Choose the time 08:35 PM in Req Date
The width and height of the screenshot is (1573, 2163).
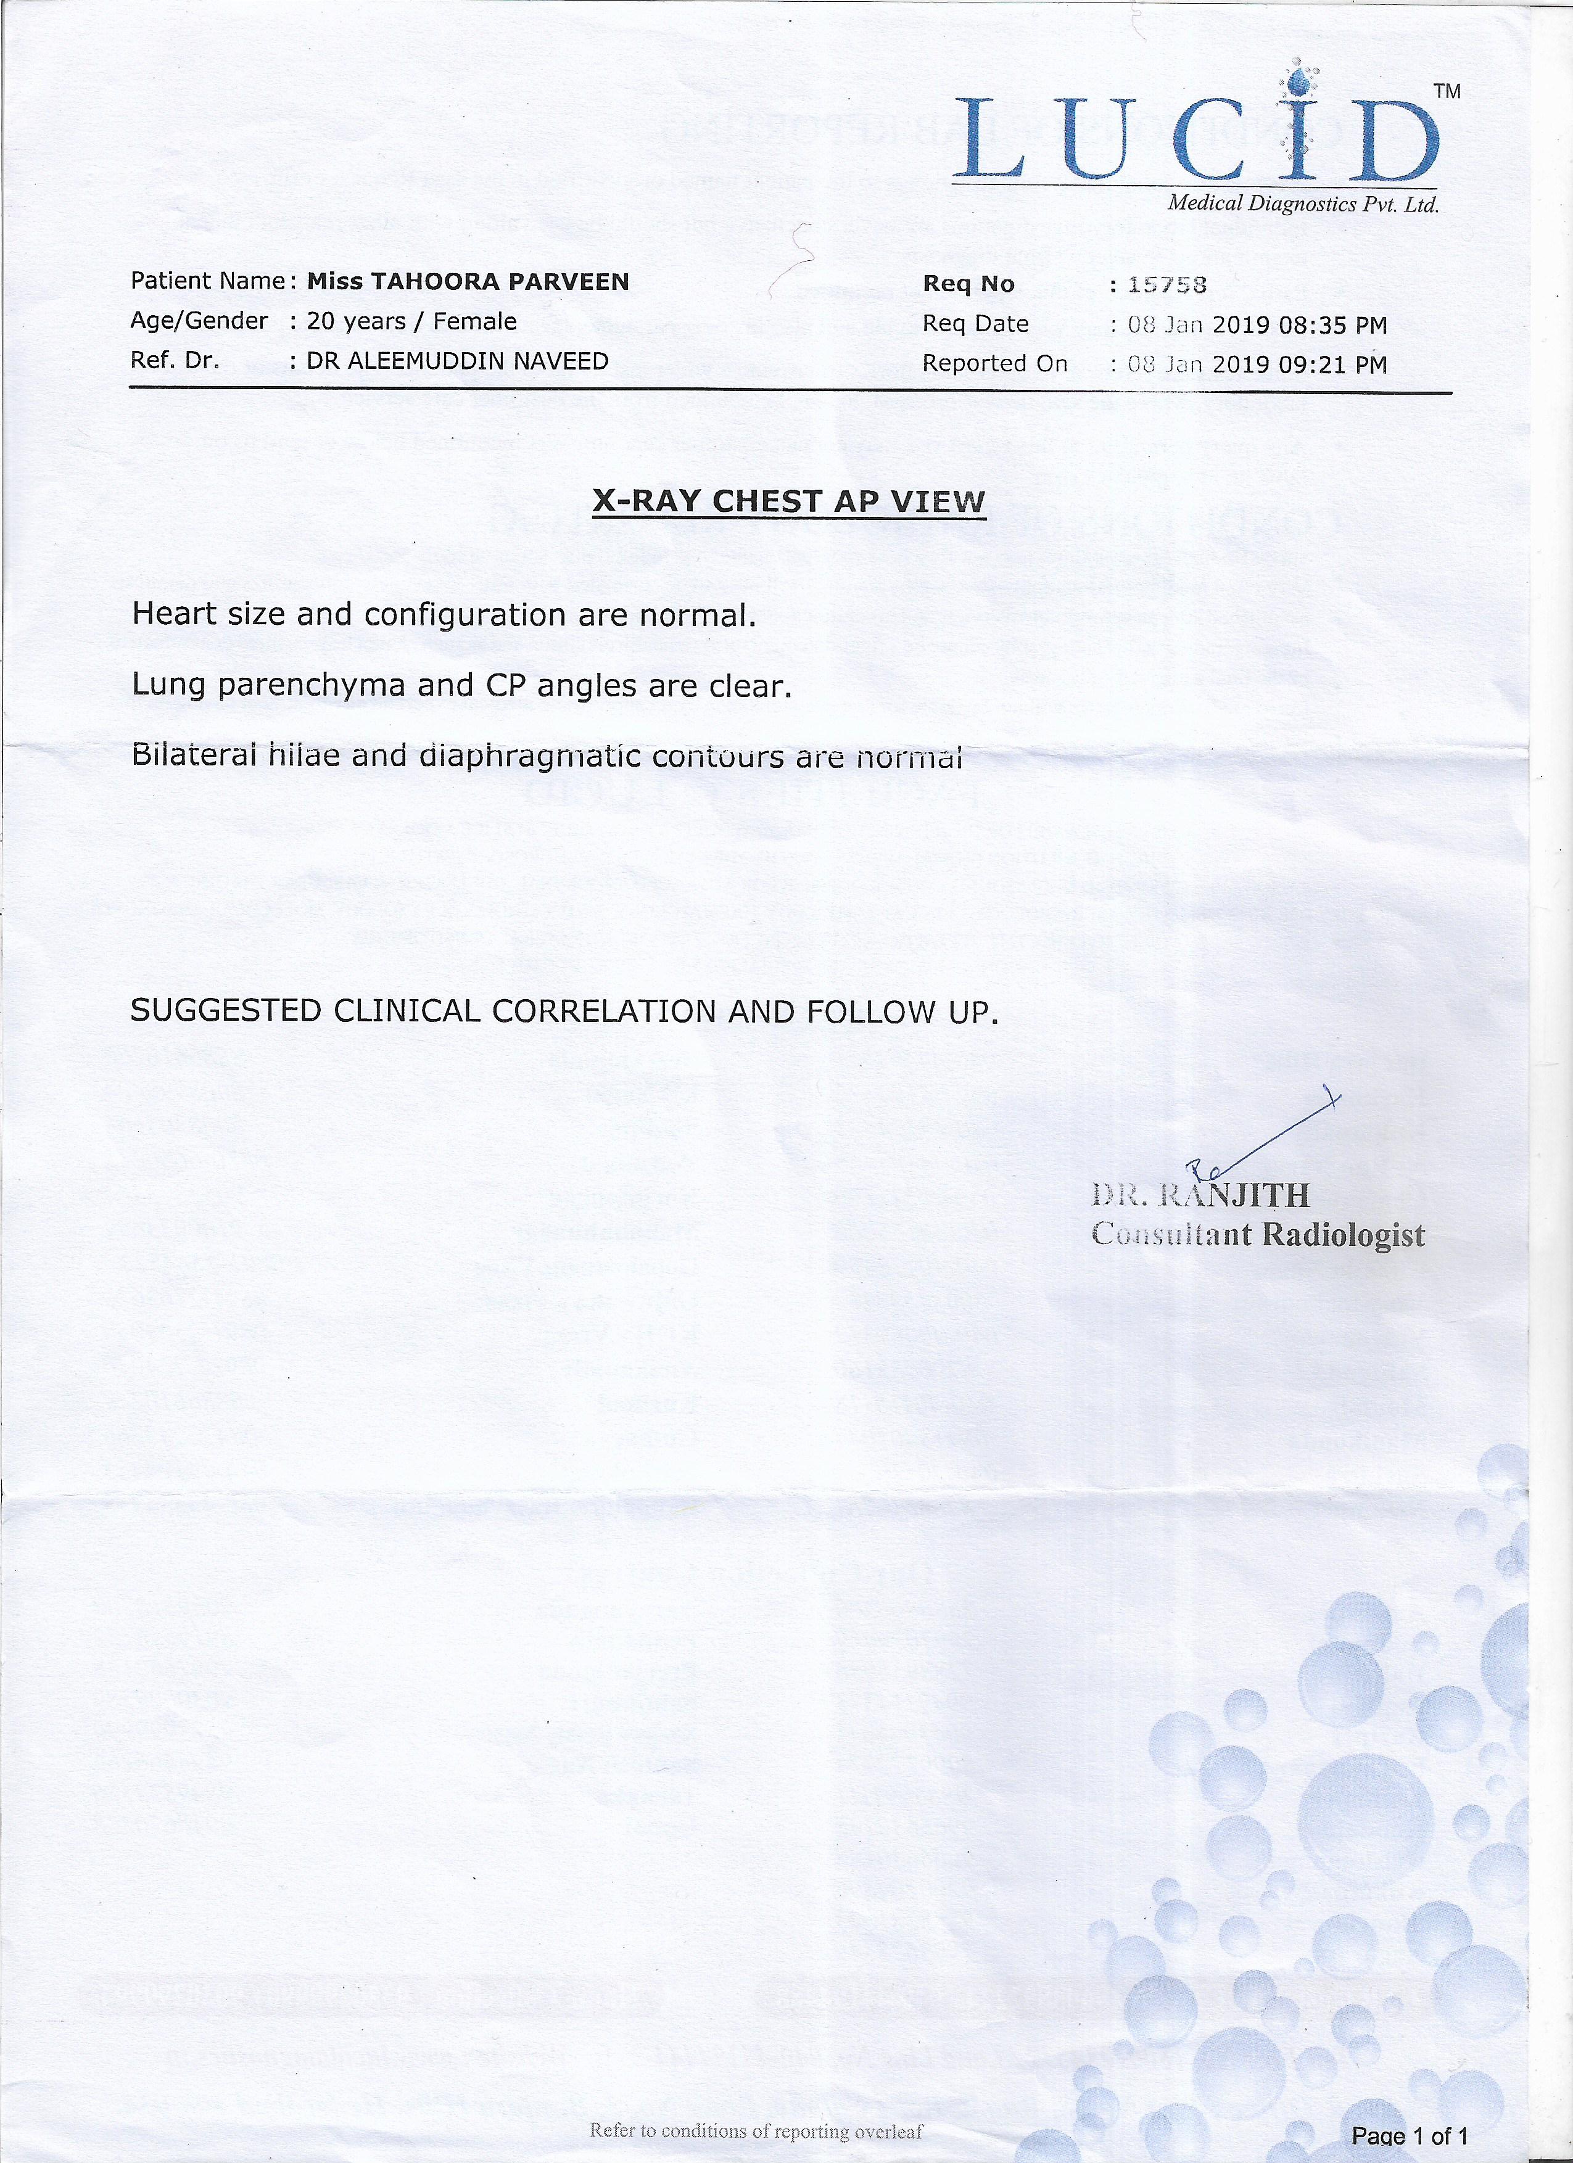click(x=1332, y=325)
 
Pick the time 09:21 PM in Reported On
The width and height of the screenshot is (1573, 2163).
click(x=1332, y=365)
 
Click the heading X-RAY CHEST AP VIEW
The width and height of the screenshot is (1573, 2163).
click(x=788, y=501)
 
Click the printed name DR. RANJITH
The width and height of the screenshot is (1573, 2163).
click(x=1200, y=1195)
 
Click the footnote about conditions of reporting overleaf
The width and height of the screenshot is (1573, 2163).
click(x=756, y=2130)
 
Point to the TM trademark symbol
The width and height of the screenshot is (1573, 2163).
click(x=1447, y=91)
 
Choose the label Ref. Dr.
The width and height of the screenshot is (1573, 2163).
click(x=176, y=361)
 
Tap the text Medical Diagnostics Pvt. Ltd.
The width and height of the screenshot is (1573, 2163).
click(x=1303, y=203)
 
